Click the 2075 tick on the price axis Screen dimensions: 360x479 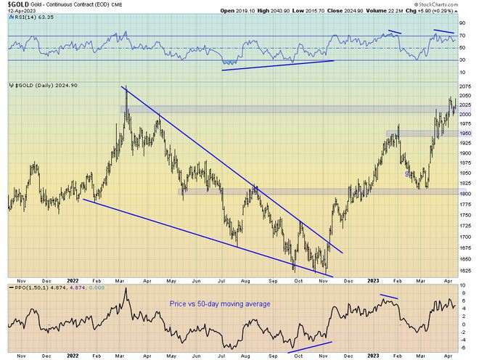coord(464,86)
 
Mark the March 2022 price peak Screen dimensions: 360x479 coord(126,88)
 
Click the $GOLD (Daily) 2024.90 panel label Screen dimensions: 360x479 coord(46,85)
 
